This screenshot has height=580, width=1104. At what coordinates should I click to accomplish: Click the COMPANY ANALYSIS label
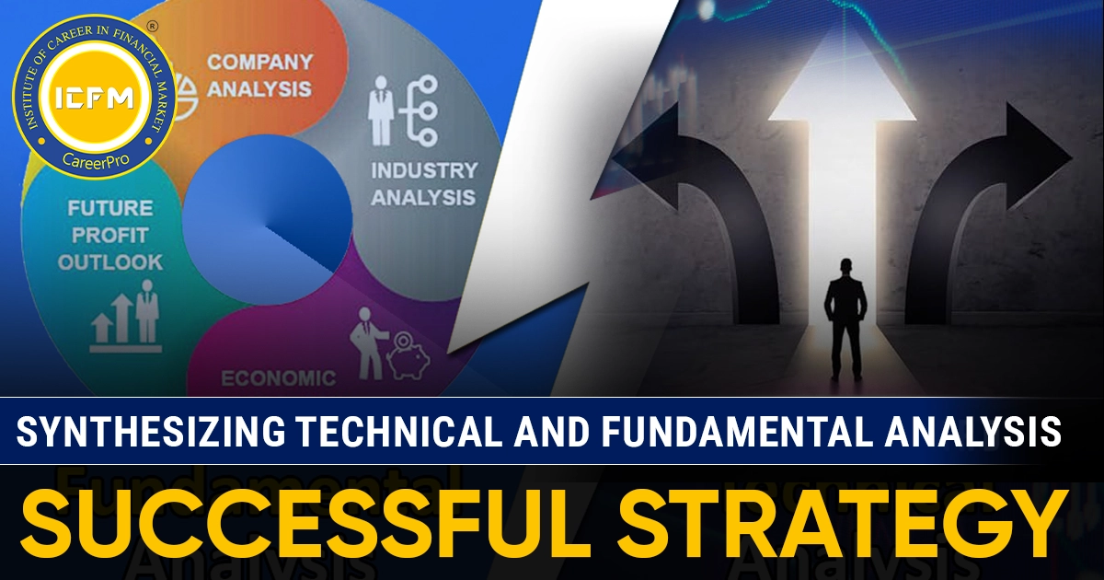[x=259, y=75]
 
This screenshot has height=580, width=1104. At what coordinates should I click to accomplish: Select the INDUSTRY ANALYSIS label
[x=423, y=183]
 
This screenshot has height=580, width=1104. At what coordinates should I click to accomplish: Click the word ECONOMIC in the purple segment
[x=278, y=377]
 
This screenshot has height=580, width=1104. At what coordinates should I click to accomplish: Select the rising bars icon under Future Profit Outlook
[x=125, y=319]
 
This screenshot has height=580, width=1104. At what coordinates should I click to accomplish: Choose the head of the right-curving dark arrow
[x=1035, y=147]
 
